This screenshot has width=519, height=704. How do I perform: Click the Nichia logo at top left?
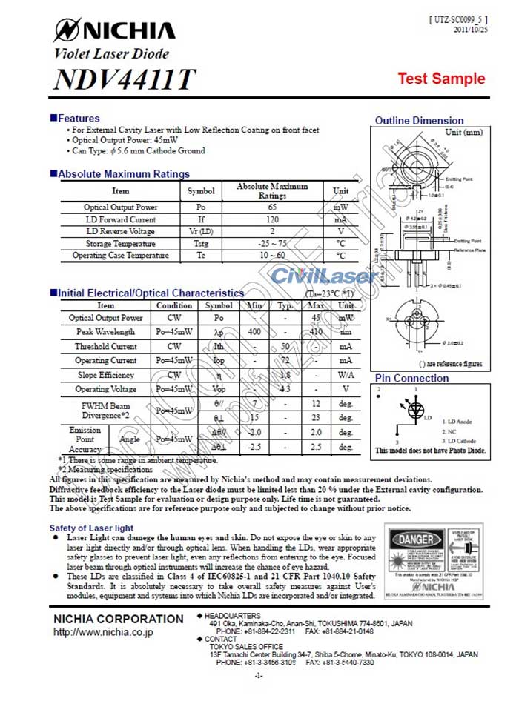click(114, 30)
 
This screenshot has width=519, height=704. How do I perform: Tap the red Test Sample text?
click(441, 79)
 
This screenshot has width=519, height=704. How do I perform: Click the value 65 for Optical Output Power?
click(272, 207)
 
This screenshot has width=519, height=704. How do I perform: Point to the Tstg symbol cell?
click(201, 243)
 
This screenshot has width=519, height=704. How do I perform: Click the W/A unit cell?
click(346, 374)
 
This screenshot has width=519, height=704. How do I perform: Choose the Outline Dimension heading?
click(419, 121)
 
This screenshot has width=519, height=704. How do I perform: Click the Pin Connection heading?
click(411, 378)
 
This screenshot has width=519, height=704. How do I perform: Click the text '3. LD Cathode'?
click(458, 441)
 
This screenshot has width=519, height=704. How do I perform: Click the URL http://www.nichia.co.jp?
click(103, 633)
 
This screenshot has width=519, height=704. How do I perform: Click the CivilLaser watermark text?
click(323, 277)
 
